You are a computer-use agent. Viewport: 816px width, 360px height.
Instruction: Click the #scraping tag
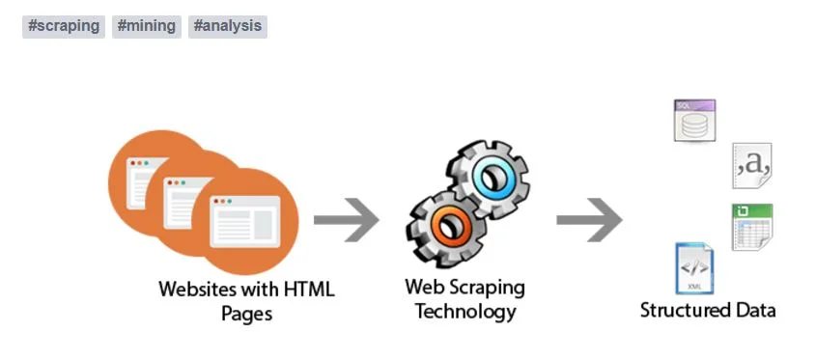pos(64,26)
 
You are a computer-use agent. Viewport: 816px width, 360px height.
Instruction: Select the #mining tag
pos(147,26)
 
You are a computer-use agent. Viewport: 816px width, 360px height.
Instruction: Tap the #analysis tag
pos(227,26)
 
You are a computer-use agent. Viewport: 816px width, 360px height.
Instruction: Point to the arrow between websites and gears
pos(346,221)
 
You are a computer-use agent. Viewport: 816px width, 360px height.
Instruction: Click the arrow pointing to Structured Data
pos(588,220)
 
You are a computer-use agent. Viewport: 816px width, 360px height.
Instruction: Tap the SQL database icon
pos(693,122)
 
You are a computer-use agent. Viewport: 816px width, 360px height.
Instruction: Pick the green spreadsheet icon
pos(751,227)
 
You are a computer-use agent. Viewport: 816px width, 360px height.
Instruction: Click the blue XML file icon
pos(694,268)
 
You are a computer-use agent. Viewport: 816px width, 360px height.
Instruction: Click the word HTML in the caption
pos(308,289)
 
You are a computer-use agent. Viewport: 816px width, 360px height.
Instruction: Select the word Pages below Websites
pos(247,313)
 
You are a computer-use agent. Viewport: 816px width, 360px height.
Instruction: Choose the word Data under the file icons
pos(753,311)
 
